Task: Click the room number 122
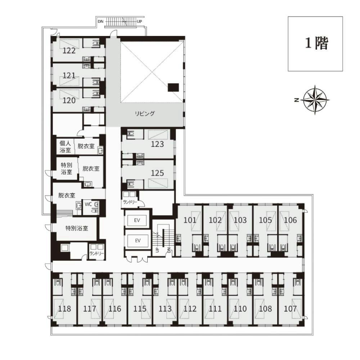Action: coord(69,50)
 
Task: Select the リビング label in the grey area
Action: coord(145,113)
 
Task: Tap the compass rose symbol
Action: coord(315,100)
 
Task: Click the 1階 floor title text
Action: coord(316,43)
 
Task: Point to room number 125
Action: coord(157,173)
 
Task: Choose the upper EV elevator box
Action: coord(137,220)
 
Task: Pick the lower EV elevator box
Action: coord(138,240)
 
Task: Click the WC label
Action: coord(88,204)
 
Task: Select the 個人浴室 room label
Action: coord(65,147)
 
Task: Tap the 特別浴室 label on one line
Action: coord(77,228)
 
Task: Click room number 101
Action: coord(190,220)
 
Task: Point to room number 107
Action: coord(290,309)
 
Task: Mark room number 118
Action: coord(64,309)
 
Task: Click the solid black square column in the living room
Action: coord(173,87)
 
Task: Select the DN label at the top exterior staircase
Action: coord(100,22)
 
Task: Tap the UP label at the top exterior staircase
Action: coord(139,22)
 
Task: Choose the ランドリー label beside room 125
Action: coord(130,202)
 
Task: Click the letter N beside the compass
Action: coord(296,100)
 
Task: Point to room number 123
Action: coord(157,144)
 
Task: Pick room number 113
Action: coord(165,309)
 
